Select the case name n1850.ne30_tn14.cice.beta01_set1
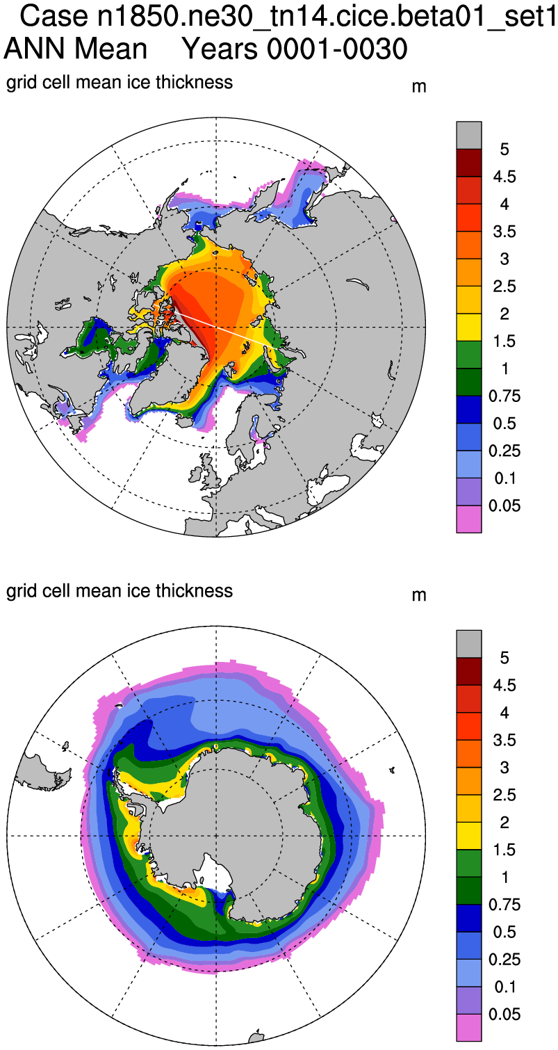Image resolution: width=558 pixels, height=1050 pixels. click(326, 17)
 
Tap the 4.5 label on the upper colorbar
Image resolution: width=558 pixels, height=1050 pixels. click(504, 177)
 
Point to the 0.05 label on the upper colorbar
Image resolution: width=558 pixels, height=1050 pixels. click(504, 506)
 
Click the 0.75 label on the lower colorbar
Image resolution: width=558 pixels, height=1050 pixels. click(504, 905)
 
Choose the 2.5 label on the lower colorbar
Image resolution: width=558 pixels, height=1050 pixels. click(504, 795)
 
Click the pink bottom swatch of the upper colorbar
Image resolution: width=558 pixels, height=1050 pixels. click(468, 519)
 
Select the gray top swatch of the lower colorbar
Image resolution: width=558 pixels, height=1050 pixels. click(468, 644)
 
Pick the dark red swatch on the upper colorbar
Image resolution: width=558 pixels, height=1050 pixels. click(468, 163)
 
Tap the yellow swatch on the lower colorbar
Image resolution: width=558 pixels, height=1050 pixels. click(468, 836)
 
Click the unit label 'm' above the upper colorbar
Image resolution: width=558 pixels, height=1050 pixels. click(419, 87)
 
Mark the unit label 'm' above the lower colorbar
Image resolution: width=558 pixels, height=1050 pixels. click(419, 596)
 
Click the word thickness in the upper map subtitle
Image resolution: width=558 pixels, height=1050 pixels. click(194, 83)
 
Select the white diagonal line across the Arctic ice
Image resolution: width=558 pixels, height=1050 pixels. click(226, 328)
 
